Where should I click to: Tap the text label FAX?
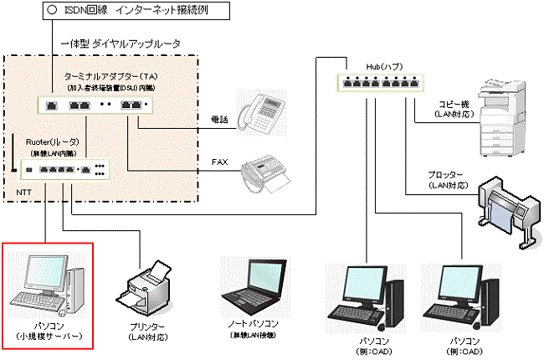(x=219, y=157)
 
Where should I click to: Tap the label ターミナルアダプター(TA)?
(x=105, y=75)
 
